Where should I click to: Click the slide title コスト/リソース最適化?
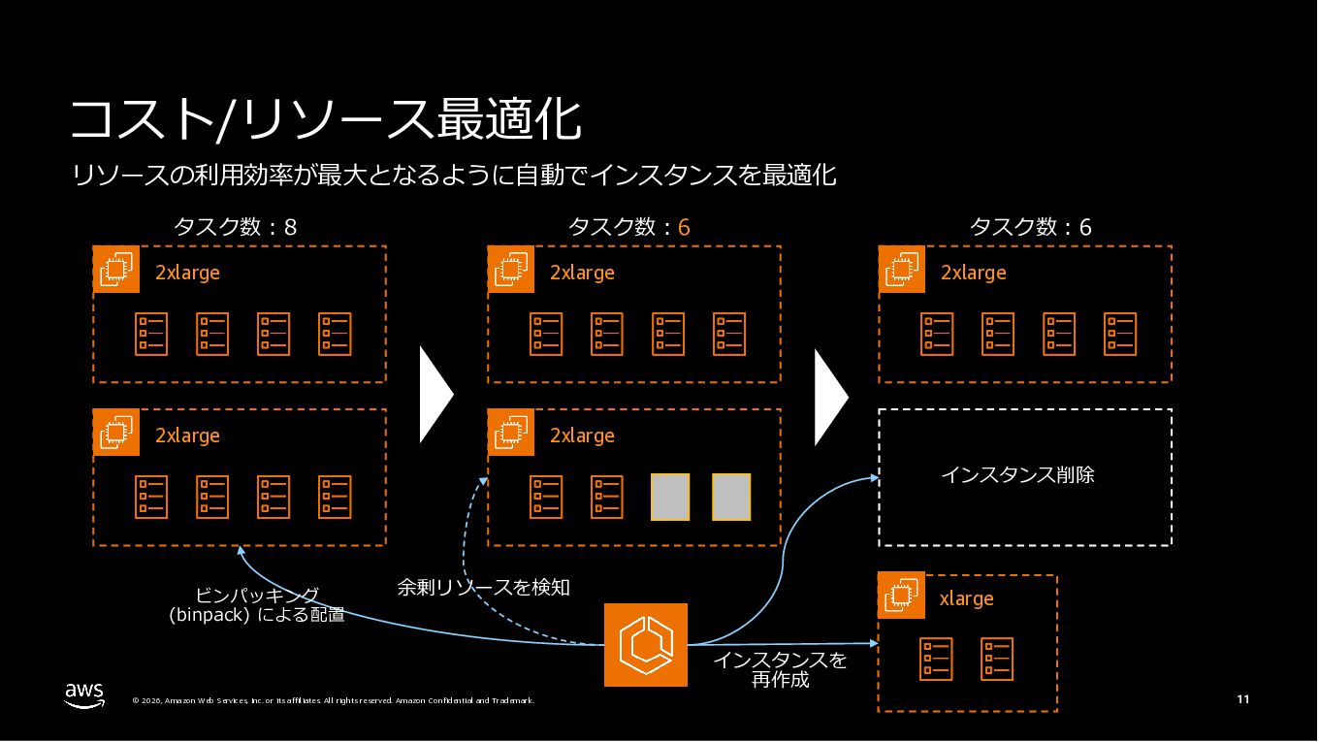pos(326,120)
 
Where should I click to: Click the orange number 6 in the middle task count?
pos(684,228)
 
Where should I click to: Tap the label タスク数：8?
pos(235,228)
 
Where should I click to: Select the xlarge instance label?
pos(966,599)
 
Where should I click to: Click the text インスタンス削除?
pos(1017,475)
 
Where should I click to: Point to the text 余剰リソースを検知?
pos(483,588)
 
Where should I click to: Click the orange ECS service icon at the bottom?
pos(645,645)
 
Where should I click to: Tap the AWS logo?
pos(84,694)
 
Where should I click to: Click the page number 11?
pos(1242,699)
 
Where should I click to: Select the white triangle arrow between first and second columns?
pos(435,396)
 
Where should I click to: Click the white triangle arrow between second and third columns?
pos(829,396)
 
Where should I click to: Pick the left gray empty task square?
pos(669,497)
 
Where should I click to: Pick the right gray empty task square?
pos(731,497)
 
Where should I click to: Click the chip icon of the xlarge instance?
pos(902,596)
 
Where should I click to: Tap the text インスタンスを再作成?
pos(780,670)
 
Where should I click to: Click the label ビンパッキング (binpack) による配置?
pos(257,604)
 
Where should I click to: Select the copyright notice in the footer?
pos(333,700)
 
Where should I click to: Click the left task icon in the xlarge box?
pos(937,660)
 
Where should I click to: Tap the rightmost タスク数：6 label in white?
pos(1030,228)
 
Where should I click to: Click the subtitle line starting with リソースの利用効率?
pos(454,176)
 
